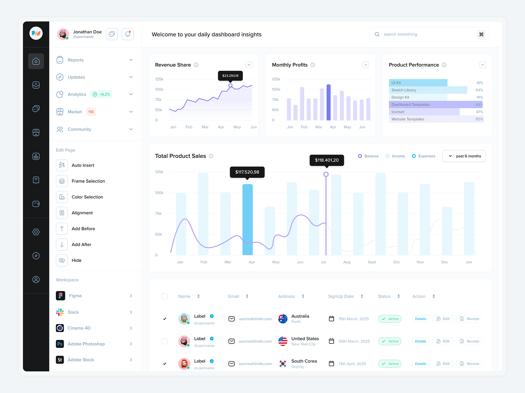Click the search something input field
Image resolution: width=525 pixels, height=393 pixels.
coord(427,34)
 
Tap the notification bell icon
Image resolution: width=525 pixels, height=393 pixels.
coord(128,34)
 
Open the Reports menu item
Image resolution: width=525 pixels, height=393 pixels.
coord(76,60)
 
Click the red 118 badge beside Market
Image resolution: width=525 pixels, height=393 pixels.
coord(91,112)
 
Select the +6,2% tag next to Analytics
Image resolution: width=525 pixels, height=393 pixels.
coord(102,94)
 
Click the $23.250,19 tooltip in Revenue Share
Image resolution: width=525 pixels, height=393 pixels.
coord(230,76)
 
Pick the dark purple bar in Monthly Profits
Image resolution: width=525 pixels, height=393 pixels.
coord(328,102)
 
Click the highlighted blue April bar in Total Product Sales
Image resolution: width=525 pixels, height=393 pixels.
coord(247,219)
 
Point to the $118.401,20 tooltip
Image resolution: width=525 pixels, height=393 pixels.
coord(327,160)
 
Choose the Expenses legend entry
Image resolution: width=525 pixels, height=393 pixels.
coord(424,156)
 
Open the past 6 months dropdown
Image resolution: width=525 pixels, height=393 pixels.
coord(464,156)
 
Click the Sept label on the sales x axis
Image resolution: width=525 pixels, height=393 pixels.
coord(372,262)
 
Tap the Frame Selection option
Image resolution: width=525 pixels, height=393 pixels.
coord(88,181)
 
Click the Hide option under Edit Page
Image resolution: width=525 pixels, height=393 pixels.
coord(76,260)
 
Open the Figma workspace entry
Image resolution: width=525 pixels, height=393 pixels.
coord(75,296)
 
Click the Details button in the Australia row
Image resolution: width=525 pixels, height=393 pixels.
coord(420,319)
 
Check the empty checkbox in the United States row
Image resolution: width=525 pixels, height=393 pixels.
coord(165,341)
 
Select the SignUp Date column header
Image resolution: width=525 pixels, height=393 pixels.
coord(341,296)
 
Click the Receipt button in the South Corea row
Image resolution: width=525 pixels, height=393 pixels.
coord(470,364)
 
